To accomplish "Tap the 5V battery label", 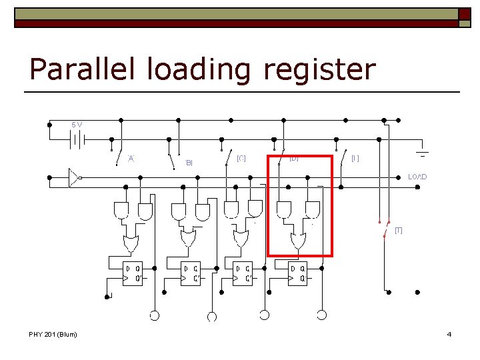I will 77,125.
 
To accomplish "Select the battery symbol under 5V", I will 77,141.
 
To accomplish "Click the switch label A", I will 131,158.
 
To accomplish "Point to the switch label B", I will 189,162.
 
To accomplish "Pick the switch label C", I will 241,158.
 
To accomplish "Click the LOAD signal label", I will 417,177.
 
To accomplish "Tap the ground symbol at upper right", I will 423,153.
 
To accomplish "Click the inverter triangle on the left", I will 74,178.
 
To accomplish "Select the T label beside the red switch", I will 399,230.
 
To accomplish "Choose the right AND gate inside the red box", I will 311,210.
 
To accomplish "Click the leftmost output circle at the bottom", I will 155,315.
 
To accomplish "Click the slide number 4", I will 449,334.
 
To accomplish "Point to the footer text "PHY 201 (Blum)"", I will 53,334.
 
